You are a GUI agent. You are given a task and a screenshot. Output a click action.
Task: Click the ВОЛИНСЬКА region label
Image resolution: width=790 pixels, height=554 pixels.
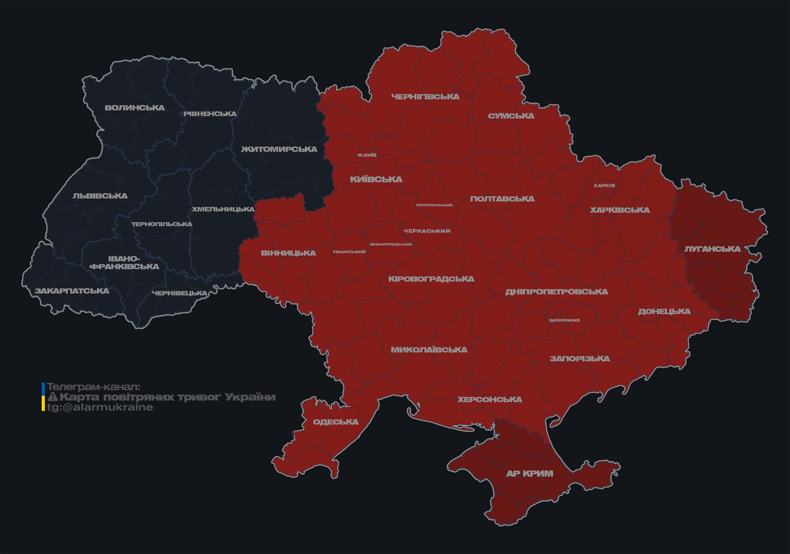(x=135, y=108)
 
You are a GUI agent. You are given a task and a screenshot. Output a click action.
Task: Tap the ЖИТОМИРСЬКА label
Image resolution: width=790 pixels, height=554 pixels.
(x=279, y=149)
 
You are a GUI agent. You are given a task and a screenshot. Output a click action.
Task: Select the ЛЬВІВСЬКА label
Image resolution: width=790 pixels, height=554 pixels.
(x=100, y=196)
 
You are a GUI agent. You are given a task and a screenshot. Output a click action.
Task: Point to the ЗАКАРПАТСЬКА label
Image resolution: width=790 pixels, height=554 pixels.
(x=72, y=291)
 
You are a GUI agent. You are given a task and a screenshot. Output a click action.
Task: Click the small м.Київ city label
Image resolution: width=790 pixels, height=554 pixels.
(x=367, y=155)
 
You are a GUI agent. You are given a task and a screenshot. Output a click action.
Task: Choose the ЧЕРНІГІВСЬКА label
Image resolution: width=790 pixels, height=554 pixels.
(x=425, y=97)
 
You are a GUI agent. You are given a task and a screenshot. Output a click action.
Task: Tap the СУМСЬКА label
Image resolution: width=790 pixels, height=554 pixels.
(x=511, y=116)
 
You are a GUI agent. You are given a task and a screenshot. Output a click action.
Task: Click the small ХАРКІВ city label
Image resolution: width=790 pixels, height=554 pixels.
(x=604, y=185)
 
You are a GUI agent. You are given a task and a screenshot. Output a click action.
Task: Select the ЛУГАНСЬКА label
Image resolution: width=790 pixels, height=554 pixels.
(x=712, y=249)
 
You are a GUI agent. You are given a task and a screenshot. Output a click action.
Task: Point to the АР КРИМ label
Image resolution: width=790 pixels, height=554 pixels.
(x=529, y=473)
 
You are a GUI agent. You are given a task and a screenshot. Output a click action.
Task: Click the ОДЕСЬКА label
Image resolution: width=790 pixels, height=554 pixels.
(x=335, y=422)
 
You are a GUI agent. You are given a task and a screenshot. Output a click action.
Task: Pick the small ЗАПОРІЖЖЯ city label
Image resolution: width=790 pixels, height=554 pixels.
(x=564, y=320)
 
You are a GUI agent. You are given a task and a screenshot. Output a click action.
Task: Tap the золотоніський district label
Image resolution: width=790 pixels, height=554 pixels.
(x=434, y=205)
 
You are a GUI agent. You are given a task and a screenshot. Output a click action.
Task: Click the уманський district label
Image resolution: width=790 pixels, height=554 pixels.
(x=349, y=252)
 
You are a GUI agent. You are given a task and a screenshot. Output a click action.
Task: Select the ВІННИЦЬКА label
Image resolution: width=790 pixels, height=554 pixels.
(x=289, y=253)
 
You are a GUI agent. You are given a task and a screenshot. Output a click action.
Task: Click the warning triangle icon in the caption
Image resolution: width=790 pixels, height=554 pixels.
(x=53, y=397)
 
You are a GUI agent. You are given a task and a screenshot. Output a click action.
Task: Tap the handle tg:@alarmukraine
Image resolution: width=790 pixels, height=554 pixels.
(x=100, y=407)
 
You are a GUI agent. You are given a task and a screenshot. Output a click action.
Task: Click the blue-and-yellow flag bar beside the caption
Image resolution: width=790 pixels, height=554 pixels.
(x=43, y=397)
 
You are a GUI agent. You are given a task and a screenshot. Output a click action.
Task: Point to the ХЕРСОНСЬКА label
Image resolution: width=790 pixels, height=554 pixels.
(x=490, y=399)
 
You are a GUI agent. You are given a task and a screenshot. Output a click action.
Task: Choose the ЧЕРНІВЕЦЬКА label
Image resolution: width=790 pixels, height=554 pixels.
(x=180, y=293)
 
